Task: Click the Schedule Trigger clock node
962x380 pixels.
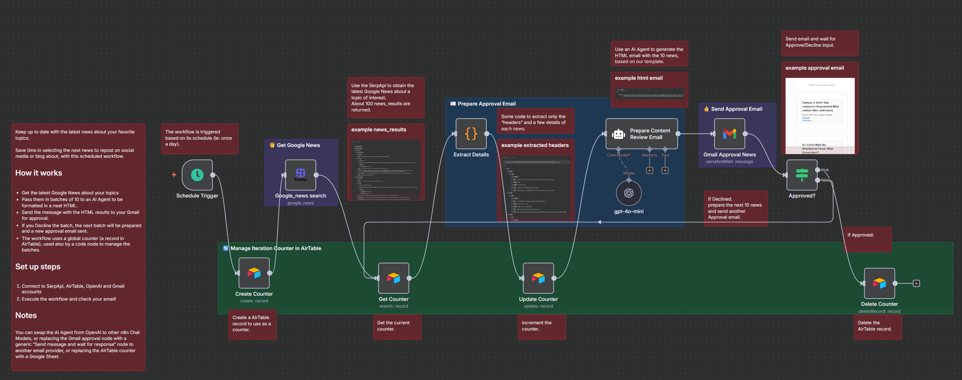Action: [197, 175]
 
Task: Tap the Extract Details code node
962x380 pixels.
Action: [471, 133]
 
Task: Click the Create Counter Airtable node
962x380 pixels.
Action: [254, 273]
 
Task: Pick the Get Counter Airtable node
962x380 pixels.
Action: [394, 278]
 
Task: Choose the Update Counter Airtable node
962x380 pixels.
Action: [538, 278]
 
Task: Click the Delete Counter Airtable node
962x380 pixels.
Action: [879, 283]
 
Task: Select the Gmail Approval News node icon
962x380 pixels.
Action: [729, 133]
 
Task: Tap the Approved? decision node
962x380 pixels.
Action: [802, 175]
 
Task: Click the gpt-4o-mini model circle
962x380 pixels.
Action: [628, 193]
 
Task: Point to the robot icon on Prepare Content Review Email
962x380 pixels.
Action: [618, 134]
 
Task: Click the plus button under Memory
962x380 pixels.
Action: [649, 170]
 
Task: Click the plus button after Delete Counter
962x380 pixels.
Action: [916, 284]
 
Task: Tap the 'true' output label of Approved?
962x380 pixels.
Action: [825, 170]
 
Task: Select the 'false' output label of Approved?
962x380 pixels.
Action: [825, 180]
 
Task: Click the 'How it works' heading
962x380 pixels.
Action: [39, 173]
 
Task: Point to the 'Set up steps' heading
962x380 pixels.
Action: [38, 267]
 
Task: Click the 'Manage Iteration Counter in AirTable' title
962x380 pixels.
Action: [276, 248]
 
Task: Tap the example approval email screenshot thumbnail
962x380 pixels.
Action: [820, 116]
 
